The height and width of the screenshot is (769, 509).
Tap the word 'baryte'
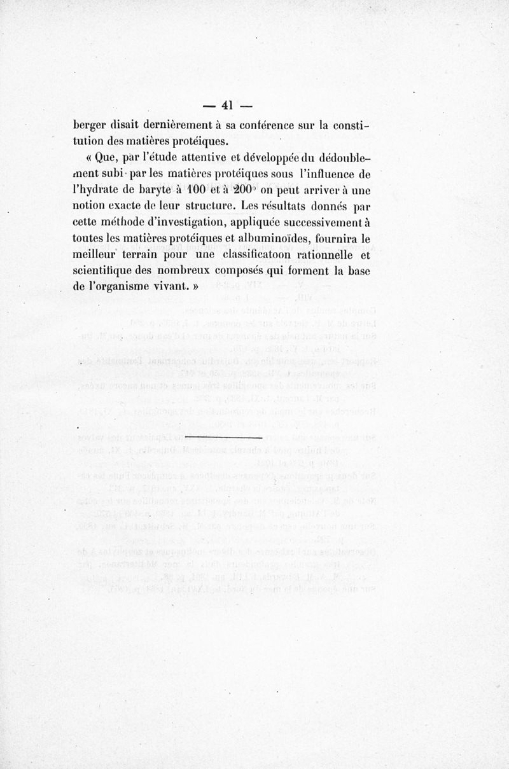pos(151,191)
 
